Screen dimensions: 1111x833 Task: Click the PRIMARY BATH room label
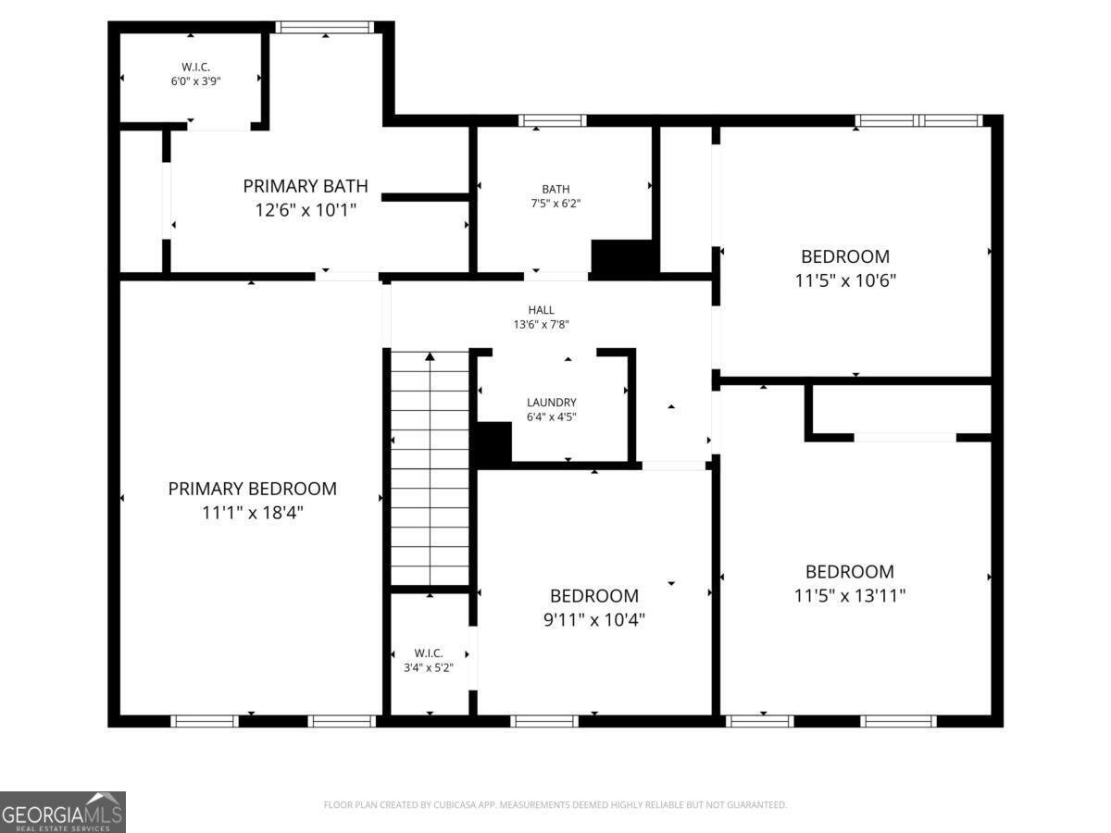point(306,186)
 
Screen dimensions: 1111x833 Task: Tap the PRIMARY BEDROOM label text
point(252,489)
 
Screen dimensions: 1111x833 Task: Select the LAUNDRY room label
point(551,402)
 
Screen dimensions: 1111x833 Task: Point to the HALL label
point(541,309)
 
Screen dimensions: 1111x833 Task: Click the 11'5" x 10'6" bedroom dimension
point(845,280)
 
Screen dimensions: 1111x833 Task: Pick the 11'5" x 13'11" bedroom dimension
point(849,595)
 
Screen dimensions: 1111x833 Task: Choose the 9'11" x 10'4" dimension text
point(594,619)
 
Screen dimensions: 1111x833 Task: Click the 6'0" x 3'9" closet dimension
point(196,81)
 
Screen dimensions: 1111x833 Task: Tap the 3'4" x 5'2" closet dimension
point(429,667)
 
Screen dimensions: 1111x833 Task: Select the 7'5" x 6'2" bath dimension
point(555,204)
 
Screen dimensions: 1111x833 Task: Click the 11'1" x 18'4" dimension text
point(253,513)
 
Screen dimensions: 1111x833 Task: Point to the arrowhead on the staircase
point(430,356)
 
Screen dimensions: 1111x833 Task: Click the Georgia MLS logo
point(63,813)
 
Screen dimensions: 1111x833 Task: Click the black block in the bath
point(625,257)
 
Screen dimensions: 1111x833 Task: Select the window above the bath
point(552,120)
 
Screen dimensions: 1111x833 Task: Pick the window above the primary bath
point(324,28)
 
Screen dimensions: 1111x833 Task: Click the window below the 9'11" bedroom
point(544,721)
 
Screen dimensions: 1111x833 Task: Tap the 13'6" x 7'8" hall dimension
point(541,324)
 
